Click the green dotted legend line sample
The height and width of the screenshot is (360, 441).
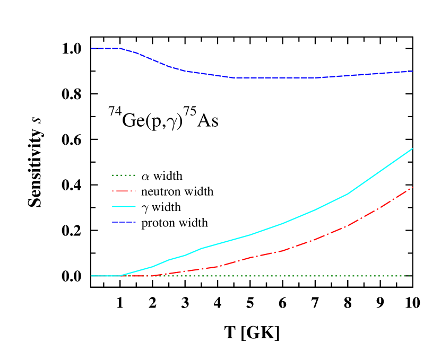[124, 175]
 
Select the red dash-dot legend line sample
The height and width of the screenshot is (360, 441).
[124, 191]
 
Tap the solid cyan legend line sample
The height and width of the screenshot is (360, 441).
[124, 206]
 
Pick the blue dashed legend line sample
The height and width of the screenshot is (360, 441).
[124, 222]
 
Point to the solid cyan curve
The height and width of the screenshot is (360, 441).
[281, 224]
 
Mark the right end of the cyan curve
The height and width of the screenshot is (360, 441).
[412, 149]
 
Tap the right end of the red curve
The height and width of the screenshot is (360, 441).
[412, 187]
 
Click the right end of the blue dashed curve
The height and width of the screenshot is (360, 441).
[412, 71]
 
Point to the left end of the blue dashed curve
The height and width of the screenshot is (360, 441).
[91, 48]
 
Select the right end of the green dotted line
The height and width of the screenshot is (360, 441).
[410, 276]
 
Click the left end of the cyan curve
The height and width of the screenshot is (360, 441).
[91, 276]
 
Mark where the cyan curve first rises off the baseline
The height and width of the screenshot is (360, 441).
[120, 276]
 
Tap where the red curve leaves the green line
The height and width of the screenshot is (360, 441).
[151, 276]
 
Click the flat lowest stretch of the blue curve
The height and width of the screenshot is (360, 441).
[276, 77]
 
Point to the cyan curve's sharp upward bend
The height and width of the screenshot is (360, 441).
[348, 194]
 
